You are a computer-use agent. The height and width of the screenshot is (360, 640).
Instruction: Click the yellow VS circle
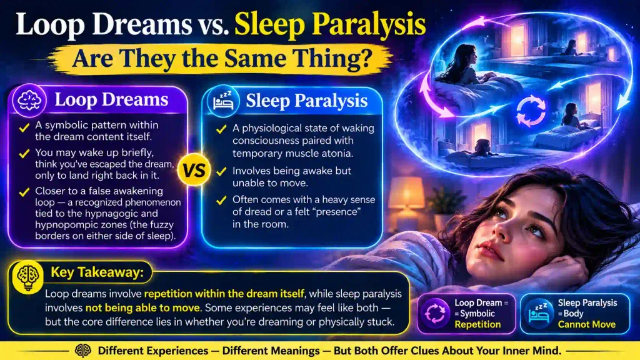click(194, 170)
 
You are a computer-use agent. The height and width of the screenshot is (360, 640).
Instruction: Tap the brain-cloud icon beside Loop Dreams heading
click(29, 101)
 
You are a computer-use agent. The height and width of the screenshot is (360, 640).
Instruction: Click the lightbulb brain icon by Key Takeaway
click(27, 277)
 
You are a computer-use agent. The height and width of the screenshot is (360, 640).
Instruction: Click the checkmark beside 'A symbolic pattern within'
click(24, 127)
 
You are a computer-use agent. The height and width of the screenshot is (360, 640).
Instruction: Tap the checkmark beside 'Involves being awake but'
click(221, 171)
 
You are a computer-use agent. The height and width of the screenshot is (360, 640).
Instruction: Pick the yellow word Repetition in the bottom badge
click(477, 324)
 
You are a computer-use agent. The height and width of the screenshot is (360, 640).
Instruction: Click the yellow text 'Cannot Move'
click(586, 324)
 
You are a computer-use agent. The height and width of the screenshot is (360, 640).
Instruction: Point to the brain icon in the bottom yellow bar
click(82, 351)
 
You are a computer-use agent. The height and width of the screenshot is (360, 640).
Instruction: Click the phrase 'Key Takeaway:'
click(97, 272)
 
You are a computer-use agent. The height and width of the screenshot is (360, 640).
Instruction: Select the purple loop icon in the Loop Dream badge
click(435, 314)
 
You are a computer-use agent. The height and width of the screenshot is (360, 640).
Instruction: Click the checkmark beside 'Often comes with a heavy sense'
click(221, 201)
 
